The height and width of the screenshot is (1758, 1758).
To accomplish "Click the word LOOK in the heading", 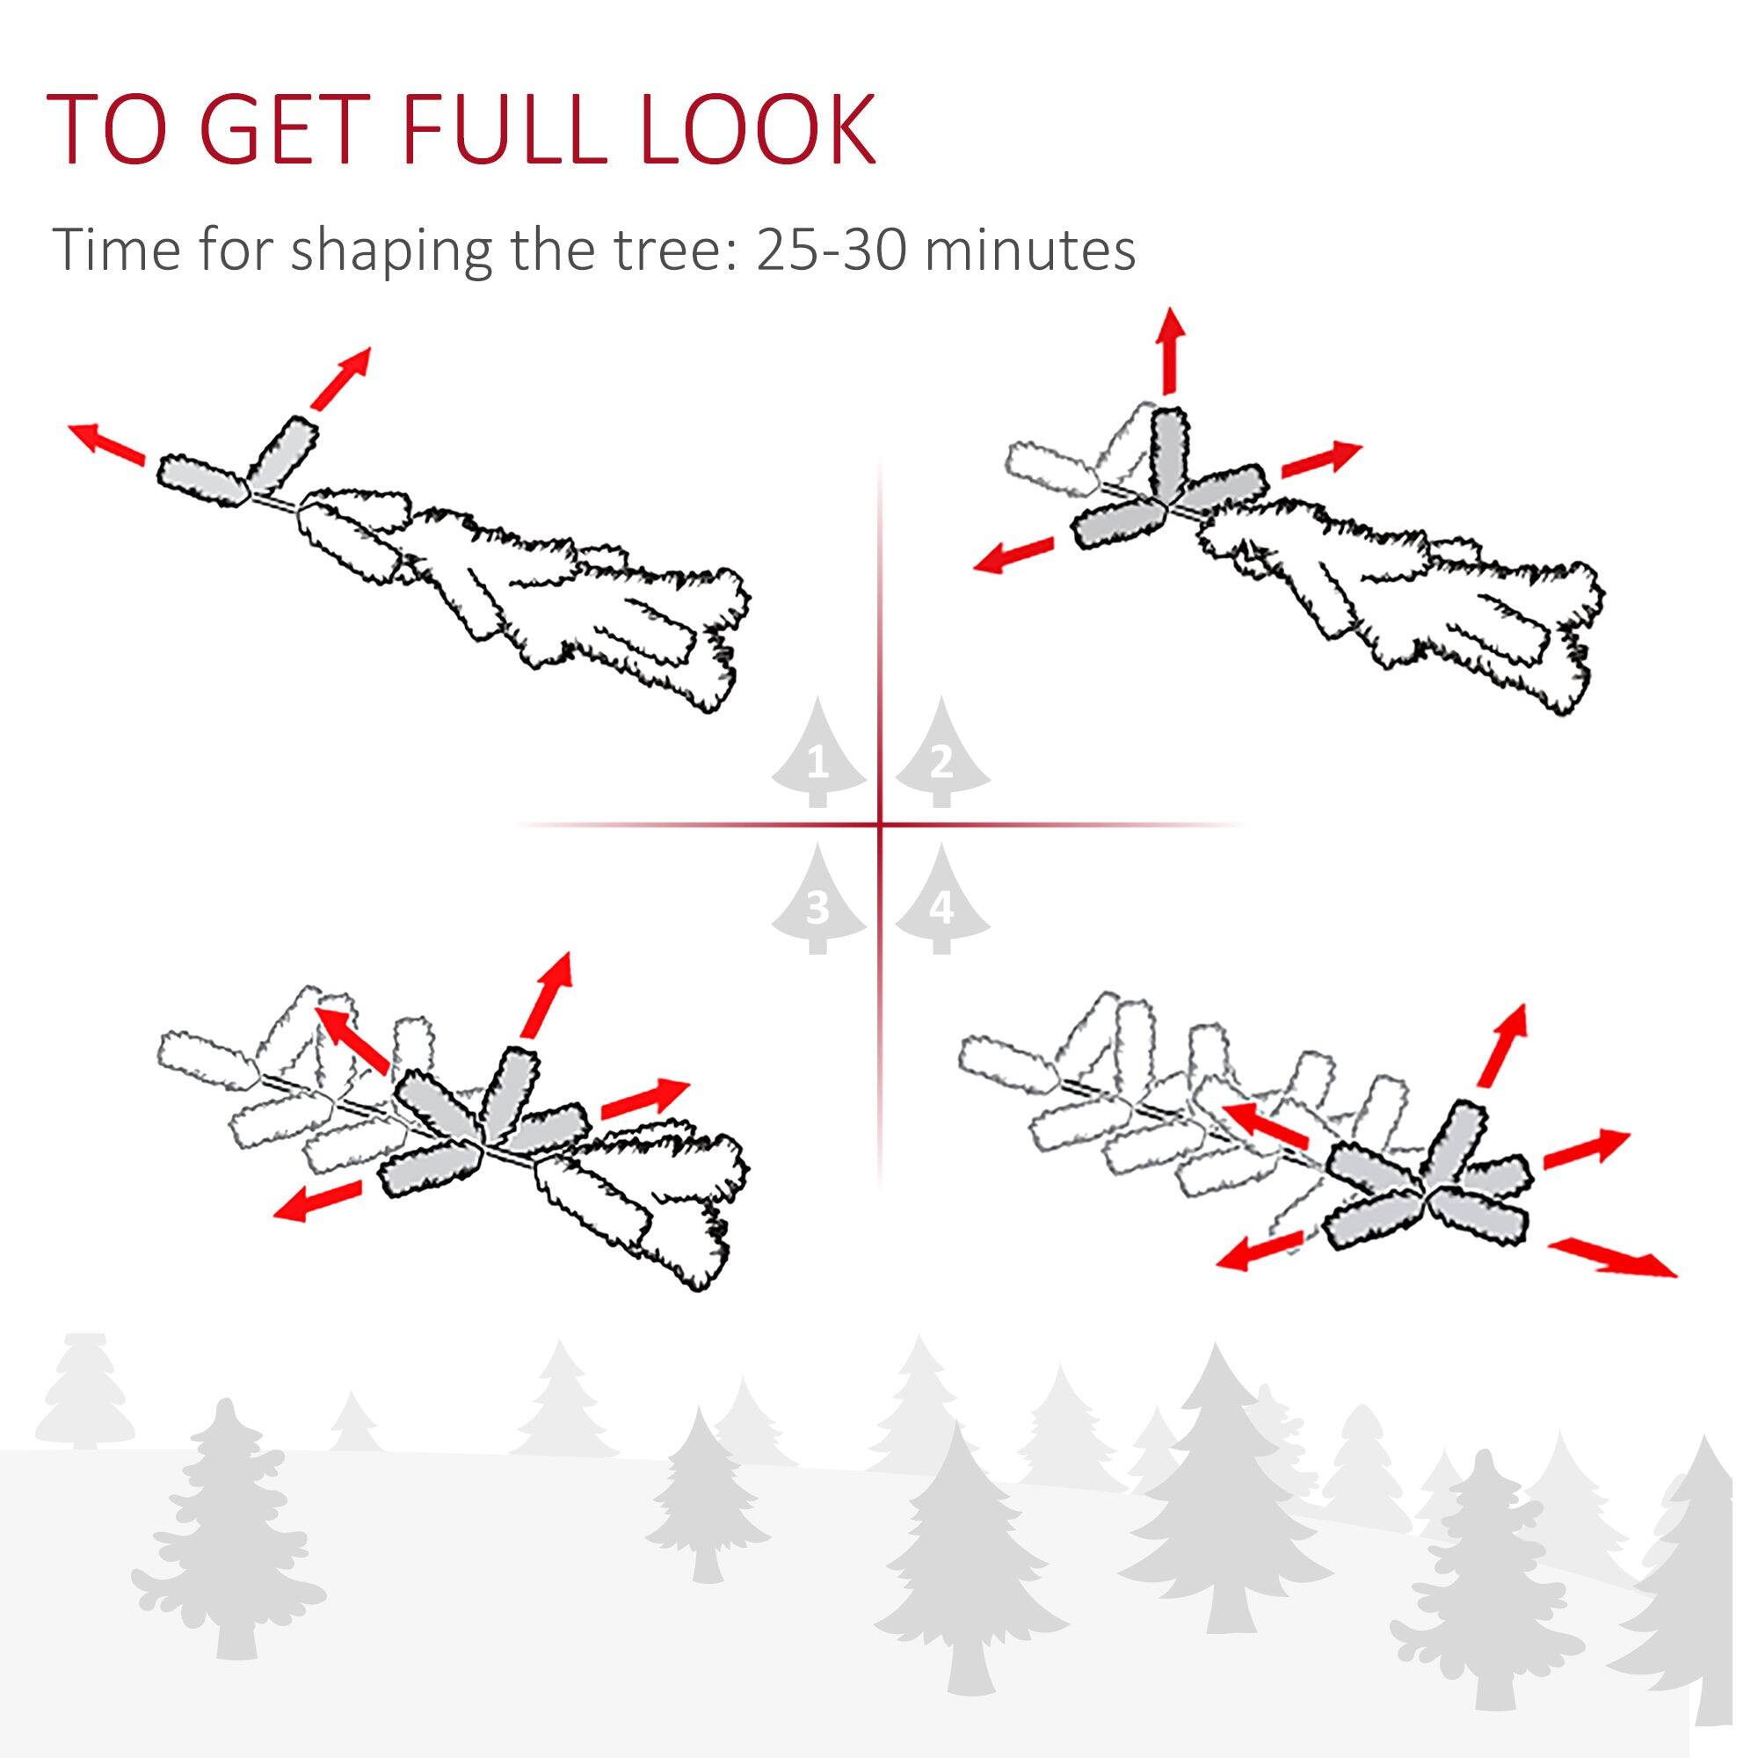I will click(757, 129).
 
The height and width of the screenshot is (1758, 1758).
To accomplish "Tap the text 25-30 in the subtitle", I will click(830, 249).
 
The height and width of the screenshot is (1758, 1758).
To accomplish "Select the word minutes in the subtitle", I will click(1030, 249).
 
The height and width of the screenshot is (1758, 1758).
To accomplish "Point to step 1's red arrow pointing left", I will click(107, 443).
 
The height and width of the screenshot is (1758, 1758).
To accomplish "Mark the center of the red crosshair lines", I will click(880, 825).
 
